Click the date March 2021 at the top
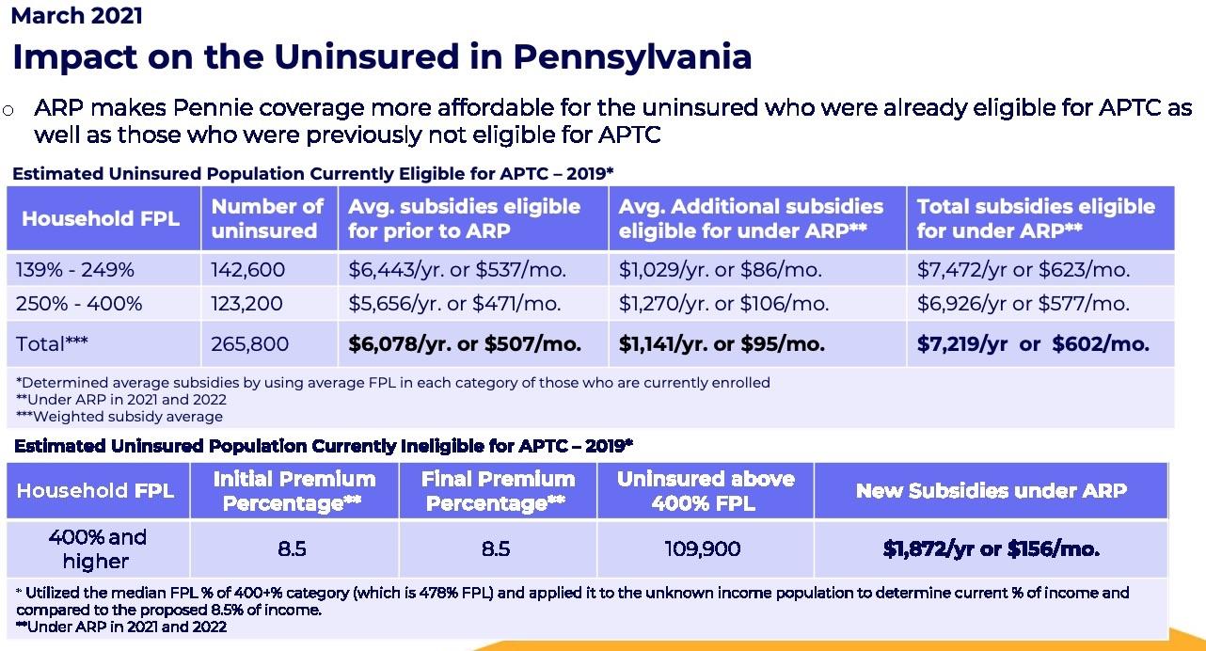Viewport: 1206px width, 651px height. point(77,15)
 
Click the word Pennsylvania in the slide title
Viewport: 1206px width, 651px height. point(631,56)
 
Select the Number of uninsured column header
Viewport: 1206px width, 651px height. point(267,218)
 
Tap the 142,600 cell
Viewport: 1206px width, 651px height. point(248,270)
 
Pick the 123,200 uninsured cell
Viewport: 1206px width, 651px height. point(248,304)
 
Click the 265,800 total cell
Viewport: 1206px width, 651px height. point(250,344)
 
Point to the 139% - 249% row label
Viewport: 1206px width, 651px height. point(75,270)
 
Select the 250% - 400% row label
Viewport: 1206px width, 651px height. point(79,304)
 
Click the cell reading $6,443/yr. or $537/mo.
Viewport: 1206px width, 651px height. point(457,270)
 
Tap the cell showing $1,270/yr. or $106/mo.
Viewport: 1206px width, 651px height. point(723,304)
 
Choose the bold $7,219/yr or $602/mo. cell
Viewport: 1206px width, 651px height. point(1033,344)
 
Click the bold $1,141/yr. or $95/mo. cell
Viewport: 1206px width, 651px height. point(722,344)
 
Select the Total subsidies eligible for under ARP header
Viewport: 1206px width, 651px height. point(1036,218)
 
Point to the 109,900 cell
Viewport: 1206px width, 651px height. point(704,548)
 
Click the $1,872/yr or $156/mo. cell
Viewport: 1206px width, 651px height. point(991,548)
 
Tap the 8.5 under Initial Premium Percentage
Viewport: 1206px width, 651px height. point(293,548)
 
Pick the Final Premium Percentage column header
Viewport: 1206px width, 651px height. point(497,491)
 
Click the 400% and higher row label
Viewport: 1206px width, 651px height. point(97,548)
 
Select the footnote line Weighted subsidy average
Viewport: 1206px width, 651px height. point(120,416)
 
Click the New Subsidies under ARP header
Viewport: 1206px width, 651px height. point(991,490)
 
